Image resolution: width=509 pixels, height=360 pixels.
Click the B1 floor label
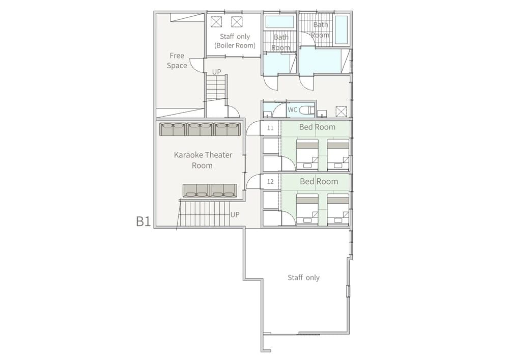[x=143, y=221]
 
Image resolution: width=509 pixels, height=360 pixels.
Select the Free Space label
[x=177, y=61]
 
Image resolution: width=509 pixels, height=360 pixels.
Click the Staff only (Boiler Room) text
[x=235, y=41]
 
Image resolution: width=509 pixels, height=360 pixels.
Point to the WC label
[x=292, y=109]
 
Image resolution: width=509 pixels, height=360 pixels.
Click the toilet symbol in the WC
[x=306, y=110]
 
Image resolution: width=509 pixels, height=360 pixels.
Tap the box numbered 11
[x=270, y=128]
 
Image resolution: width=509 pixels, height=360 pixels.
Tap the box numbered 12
[x=270, y=182]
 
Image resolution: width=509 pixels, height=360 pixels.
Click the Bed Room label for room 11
[x=317, y=127]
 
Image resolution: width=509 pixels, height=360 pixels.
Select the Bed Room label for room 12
[x=319, y=181]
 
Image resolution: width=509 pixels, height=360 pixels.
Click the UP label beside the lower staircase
[x=235, y=215]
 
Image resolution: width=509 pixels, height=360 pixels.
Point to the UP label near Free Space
[x=217, y=72]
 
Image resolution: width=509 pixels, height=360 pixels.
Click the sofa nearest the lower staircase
[x=210, y=190]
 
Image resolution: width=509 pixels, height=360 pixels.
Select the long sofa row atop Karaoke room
[x=200, y=129]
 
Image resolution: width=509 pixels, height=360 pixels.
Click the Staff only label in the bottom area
[x=303, y=278]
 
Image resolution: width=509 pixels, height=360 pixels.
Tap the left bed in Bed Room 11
[x=307, y=154]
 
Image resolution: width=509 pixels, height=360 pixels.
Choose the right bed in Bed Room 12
[x=338, y=208]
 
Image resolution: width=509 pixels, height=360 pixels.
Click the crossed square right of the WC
[x=341, y=111]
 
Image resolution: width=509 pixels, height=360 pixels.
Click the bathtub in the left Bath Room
[x=280, y=22]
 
